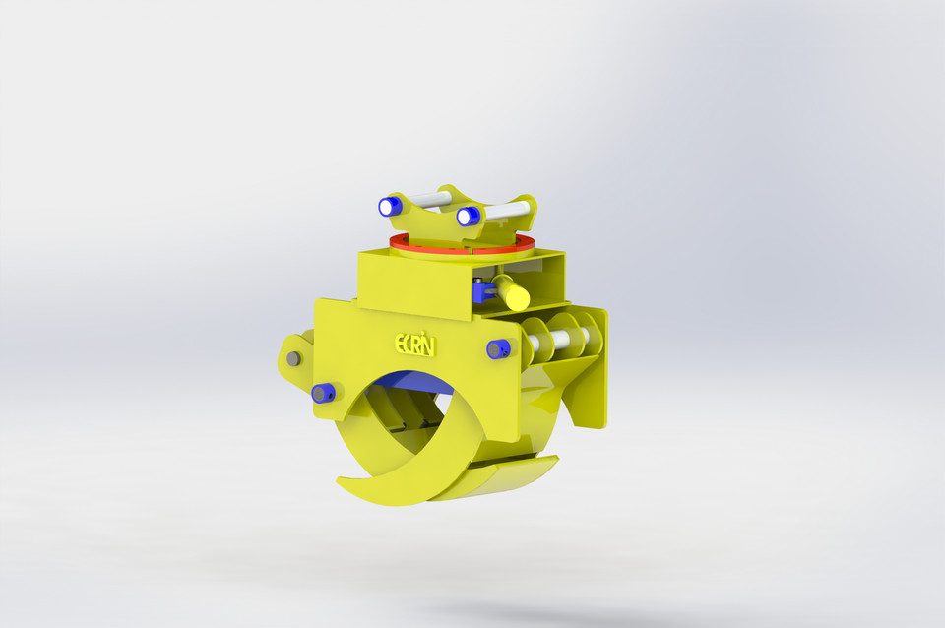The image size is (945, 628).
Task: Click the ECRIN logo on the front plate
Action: coord(414,344)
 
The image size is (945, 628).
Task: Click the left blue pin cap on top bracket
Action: coord(389,207)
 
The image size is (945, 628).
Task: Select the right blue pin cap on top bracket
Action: coord(468,216)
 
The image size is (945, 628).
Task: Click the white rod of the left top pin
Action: coord(425,200)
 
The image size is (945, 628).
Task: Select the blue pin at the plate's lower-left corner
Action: coord(322,394)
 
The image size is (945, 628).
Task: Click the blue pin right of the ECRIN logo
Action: coord(498,348)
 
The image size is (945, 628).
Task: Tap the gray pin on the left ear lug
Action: coord(293,359)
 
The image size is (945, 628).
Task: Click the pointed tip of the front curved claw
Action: coord(340,482)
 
